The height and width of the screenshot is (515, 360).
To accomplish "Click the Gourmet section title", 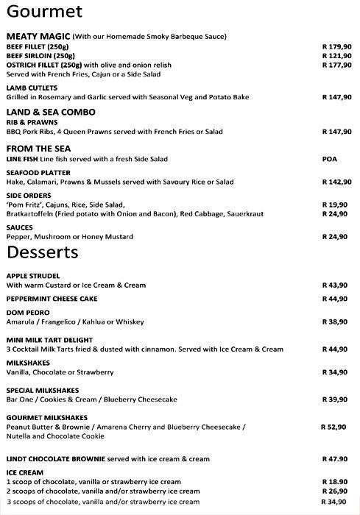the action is (43, 13).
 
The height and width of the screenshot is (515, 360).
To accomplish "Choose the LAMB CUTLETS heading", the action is (32, 88).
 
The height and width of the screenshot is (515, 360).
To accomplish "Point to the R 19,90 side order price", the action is (335, 205).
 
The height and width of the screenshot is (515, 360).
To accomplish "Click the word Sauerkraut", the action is (265, 213).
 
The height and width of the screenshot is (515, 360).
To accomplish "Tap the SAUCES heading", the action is (20, 228).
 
